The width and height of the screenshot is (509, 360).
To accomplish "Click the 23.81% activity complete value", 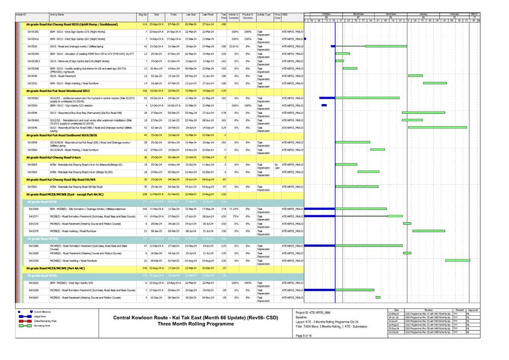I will pos(233,46).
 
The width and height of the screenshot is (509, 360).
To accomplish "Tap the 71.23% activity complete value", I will pos(233,209).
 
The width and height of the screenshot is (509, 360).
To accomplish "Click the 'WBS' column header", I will pos(285,16).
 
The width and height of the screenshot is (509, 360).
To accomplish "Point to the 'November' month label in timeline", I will pos(358,14).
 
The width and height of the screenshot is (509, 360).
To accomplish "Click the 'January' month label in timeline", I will pos(424,14).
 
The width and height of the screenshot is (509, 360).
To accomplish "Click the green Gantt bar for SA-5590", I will pos(457,260).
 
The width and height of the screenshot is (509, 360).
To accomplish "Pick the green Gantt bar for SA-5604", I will pos(378,297).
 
